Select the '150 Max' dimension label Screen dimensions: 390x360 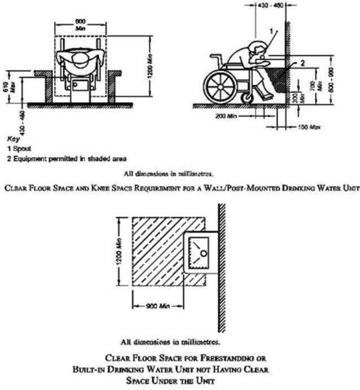tap(309, 126)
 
